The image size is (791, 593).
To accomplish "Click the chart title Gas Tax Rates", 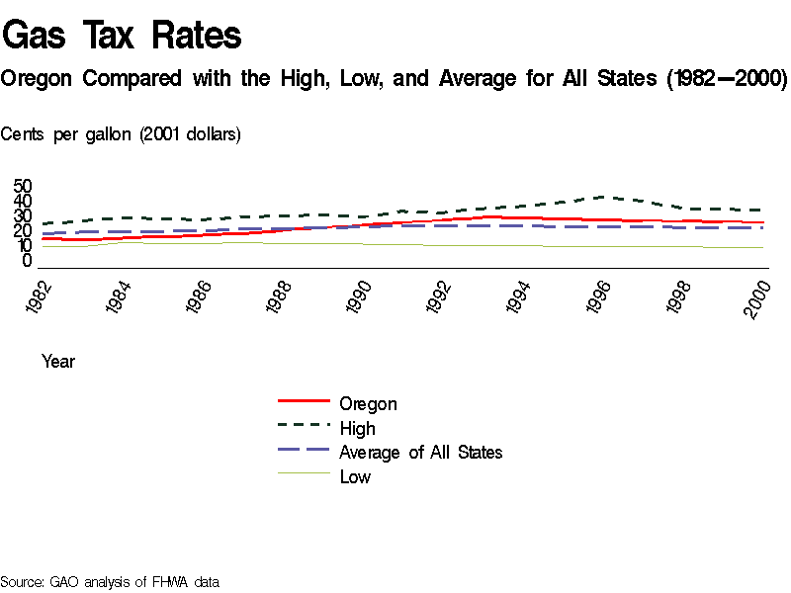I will [x=122, y=36].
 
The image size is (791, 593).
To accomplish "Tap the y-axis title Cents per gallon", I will [x=120, y=134].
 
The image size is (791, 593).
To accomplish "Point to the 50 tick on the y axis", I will [x=23, y=187].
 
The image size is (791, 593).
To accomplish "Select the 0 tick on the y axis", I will [x=28, y=261].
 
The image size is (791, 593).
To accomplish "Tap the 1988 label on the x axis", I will [x=281, y=297].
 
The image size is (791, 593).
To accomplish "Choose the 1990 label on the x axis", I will [x=361, y=297].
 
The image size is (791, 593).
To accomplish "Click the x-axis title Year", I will [x=58, y=362].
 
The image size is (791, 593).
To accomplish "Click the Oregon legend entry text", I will [x=368, y=404].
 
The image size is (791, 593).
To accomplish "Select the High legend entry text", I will [x=357, y=429].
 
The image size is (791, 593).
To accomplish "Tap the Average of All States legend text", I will [x=420, y=453].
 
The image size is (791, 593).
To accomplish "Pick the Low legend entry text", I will [x=355, y=477].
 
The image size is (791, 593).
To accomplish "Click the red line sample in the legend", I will [x=303, y=401].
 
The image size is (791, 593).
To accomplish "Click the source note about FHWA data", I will [x=109, y=582].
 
